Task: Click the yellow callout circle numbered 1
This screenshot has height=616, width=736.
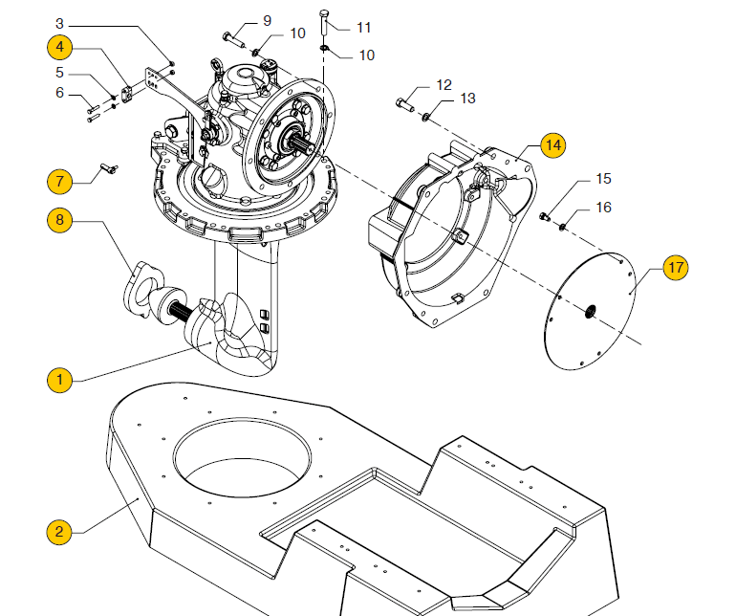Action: tap(59, 380)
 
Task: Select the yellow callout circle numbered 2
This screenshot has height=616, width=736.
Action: tap(59, 531)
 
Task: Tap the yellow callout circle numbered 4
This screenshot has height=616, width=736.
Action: tap(59, 46)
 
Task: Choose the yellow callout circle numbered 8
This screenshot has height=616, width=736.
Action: tap(59, 219)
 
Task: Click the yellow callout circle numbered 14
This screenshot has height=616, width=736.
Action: tap(552, 145)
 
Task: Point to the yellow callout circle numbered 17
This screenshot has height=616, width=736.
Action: tap(676, 268)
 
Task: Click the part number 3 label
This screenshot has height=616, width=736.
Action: tap(59, 21)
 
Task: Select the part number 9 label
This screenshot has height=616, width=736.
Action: tap(267, 21)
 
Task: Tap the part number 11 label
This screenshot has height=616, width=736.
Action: tap(363, 27)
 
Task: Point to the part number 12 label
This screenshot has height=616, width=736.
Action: tap(444, 85)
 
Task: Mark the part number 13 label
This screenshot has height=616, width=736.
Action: tap(467, 99)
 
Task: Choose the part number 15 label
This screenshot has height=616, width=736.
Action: tap(603, 179)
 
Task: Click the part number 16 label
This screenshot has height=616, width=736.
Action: tap(603, 208)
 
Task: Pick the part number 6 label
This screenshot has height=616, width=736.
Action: tap(59, 93)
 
